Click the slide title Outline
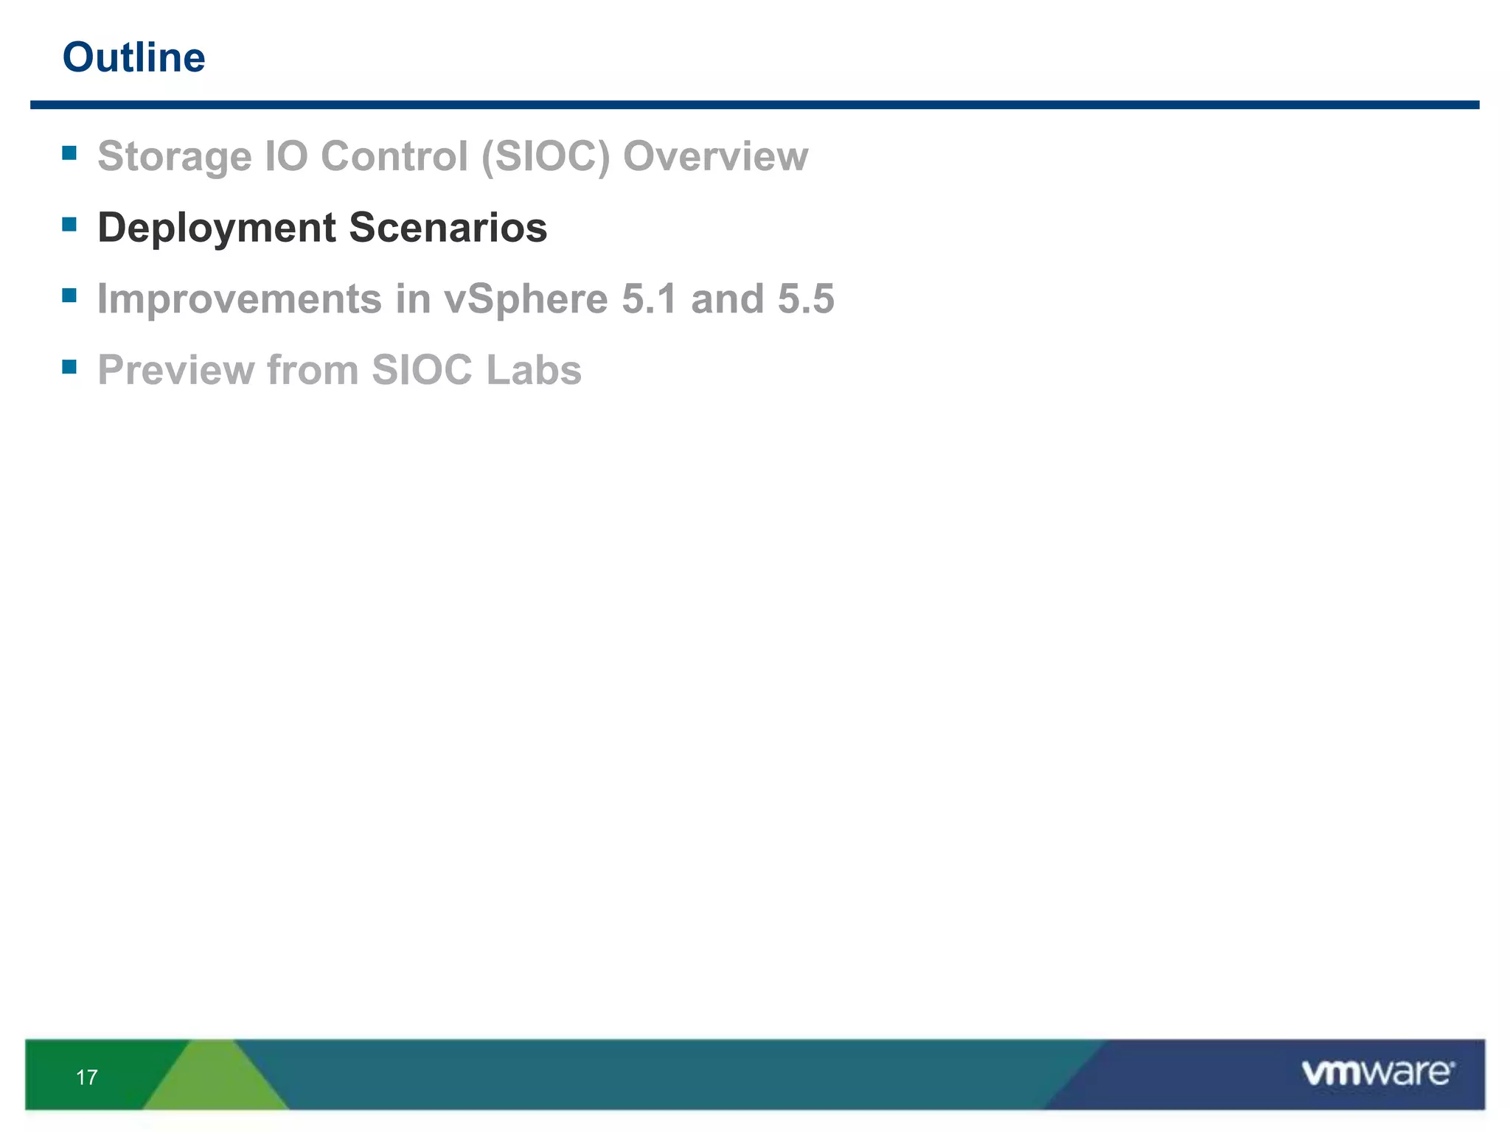tap(133, 57)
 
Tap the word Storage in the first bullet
tap(174, 157)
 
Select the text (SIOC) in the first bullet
tap(546, 157)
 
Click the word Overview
tap(715, 157)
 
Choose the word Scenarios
tap(448, 228)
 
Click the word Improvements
tap(240, 299)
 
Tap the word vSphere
tap(525, 299)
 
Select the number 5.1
tap(649, 299)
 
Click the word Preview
tap(175, 370)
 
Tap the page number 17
tap(86, 1077)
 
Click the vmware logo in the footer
tap(1377, 1073)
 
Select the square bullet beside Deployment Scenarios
tap(69, 224)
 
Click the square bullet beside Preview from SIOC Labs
tap(69, 367)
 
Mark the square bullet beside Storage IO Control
tap(69, 153)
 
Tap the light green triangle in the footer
tap(214, 1080)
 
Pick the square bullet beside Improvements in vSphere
tap(69, 296)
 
